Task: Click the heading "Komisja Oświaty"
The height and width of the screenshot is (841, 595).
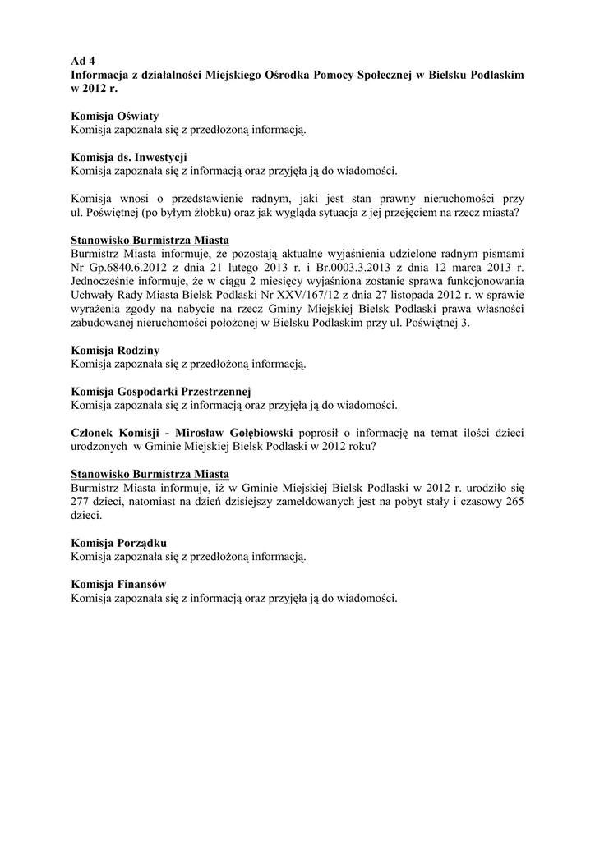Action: (x=115, y=116)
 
